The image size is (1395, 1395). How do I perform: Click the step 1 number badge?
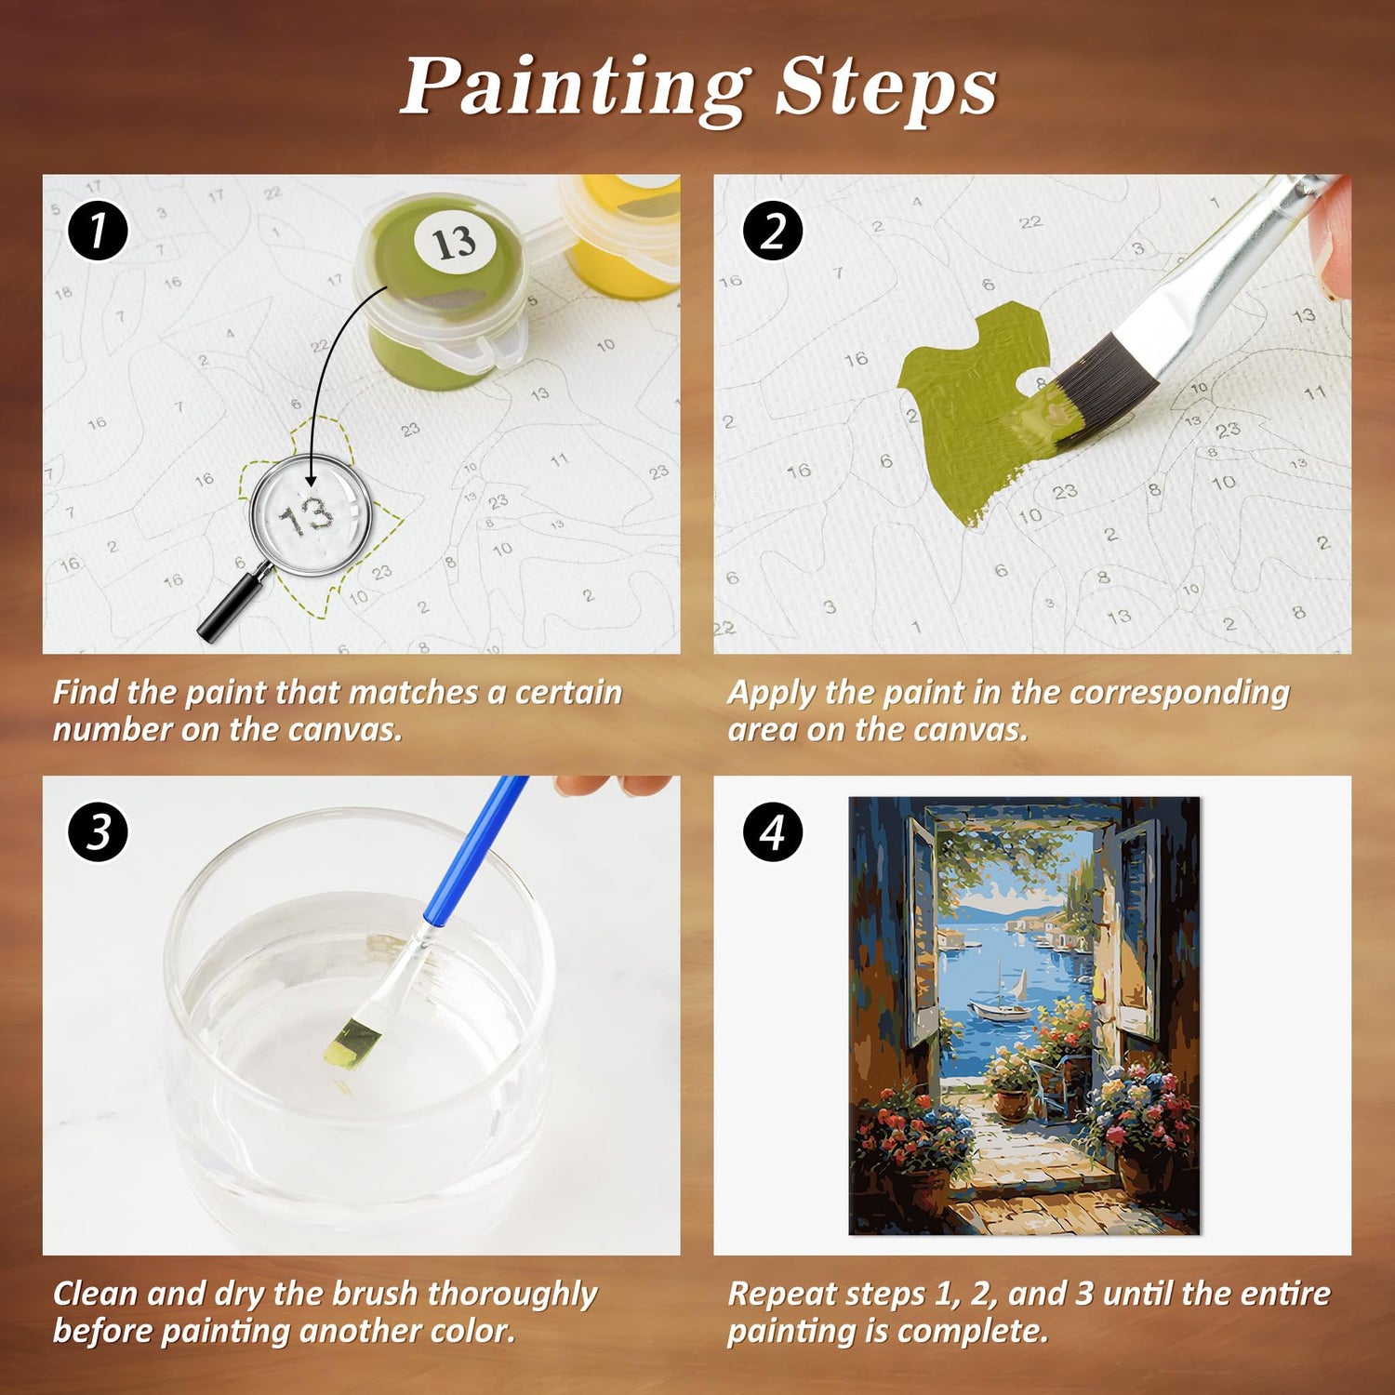coord(98,231)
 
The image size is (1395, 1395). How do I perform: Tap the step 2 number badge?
coord(773,231)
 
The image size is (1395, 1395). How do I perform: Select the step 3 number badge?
coord(98,831)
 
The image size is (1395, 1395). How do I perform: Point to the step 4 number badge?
coord(773,831)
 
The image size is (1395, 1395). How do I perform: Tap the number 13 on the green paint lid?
coord(454,243)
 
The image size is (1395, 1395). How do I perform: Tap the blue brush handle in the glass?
coord(475,851)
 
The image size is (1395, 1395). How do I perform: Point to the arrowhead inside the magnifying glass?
coord(311,479)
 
